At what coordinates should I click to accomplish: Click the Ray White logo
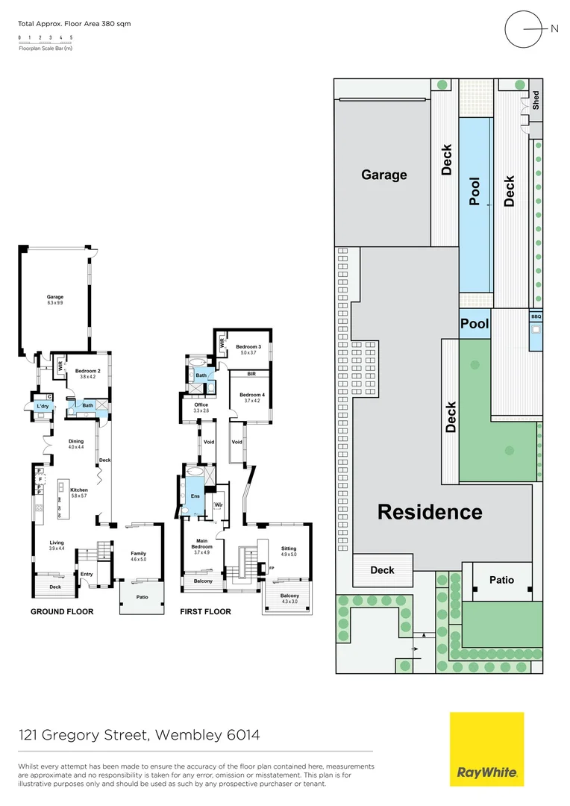(x=486, y=749)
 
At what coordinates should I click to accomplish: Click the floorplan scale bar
(x=46, y=43)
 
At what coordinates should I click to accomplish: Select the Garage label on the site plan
(x=384, y=175)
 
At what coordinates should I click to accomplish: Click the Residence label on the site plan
(x=430, y=512)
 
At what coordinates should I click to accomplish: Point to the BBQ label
(x=536, y=316)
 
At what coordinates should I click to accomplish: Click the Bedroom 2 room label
(x=88, y=370)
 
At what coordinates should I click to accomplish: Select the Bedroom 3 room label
(x=248, y=347)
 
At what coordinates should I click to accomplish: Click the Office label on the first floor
(x=201, y=405)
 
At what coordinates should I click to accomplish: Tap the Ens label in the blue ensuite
(x=195, y=496)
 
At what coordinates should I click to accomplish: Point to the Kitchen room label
(x=79, y=490)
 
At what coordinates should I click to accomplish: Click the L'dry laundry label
(x=42, y=405)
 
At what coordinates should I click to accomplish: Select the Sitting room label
(x=289, y=549)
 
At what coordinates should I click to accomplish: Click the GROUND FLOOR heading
(x=62, y=612)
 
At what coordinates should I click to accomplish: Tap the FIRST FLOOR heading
(x=205, y=612)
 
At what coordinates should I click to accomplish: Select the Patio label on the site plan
(x=501, y=580)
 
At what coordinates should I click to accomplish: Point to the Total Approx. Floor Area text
(x=74, y=24)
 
